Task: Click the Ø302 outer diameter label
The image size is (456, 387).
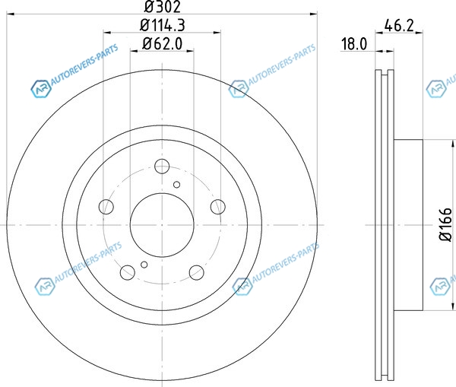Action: tap(163, 7)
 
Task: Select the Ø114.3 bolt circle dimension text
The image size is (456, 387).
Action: tap(163, 25)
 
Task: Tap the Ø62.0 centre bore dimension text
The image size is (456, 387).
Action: tap(163, 44)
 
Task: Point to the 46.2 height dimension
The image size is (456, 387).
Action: tap(399, 26)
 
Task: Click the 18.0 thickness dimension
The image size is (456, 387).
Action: tap(354, 44)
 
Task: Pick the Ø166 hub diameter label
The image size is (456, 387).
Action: tap(445, 224)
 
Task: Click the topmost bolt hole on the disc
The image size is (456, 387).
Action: tap(162, 167)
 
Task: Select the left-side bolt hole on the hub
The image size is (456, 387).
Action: tap(106, 207)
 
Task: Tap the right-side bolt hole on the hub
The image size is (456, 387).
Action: tap(218, 207)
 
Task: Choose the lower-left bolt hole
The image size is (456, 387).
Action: tap(128, 272)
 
